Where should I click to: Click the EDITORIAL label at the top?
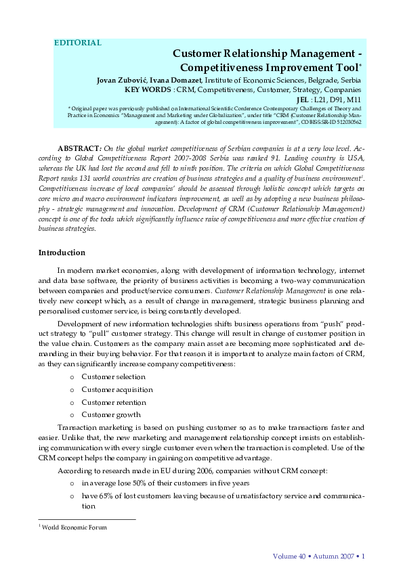(78, 43)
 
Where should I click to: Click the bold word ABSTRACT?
(79, 148)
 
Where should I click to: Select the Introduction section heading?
(62, 253)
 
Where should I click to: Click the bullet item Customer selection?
(113, 376)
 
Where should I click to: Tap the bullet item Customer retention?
(114, 402)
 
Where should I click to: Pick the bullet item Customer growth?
(111, 415)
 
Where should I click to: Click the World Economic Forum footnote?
(75, 527)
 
